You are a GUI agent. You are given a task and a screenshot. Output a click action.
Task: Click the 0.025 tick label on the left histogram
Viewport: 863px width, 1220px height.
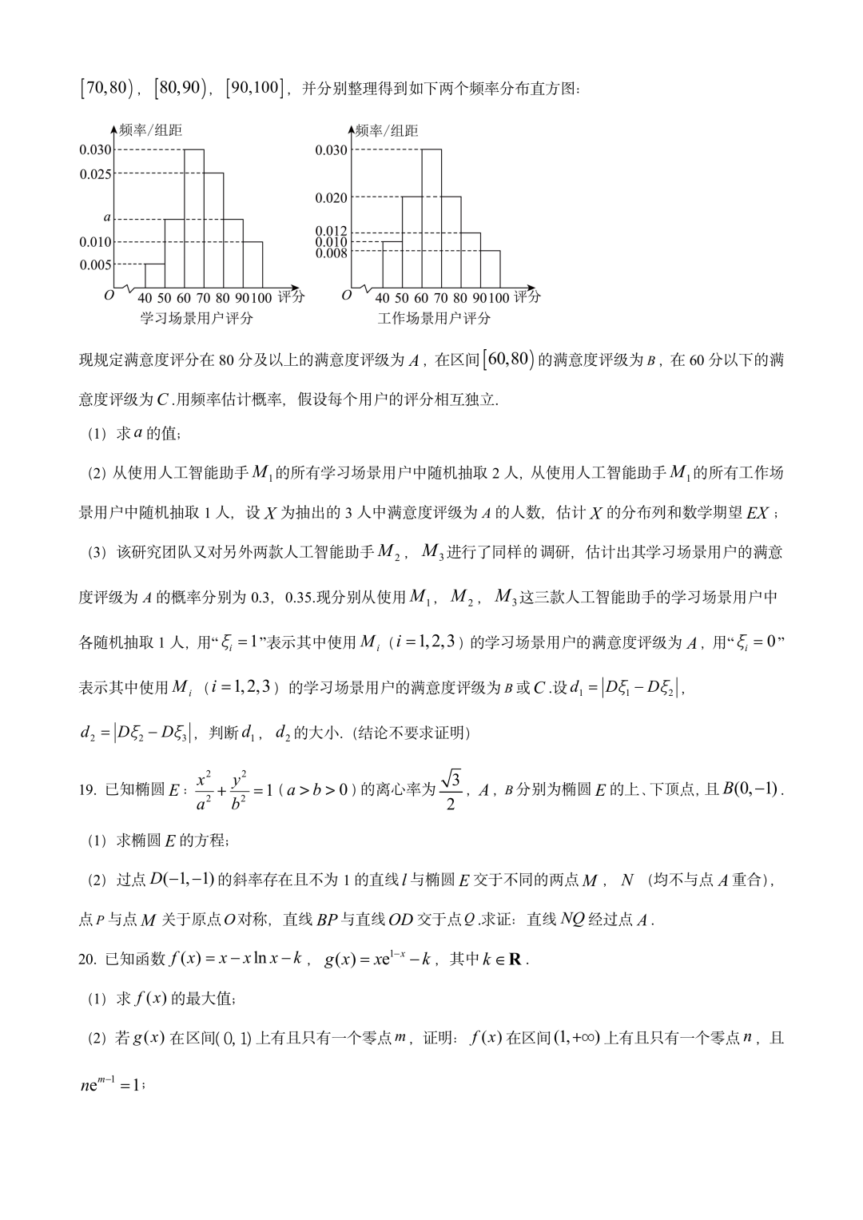[95, 174]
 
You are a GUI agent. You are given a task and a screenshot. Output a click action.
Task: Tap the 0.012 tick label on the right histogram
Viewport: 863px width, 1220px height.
[332, 232]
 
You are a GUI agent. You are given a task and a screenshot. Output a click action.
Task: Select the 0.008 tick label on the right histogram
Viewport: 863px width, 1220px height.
[332, 253]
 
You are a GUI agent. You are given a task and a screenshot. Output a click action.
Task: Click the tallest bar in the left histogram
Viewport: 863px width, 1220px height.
[193, 218]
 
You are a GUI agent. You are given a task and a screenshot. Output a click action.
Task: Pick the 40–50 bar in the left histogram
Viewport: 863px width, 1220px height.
[154, 276]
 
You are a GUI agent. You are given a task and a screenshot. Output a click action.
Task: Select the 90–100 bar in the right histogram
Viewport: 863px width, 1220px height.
[490, 269]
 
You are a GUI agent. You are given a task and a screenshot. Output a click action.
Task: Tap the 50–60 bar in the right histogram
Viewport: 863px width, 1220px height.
[412, 241]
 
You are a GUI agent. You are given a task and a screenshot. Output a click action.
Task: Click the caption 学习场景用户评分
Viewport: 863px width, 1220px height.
[197, 319]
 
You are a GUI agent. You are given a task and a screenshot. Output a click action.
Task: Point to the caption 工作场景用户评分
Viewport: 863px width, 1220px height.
[434, 319]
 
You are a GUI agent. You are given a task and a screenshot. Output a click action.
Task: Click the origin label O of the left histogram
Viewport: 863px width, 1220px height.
[109, 296]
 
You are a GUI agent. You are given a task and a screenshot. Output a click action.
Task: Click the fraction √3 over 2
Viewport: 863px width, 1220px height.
[451, 790]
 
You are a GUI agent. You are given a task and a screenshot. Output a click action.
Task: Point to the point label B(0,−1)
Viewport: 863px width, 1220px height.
[750, 790]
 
